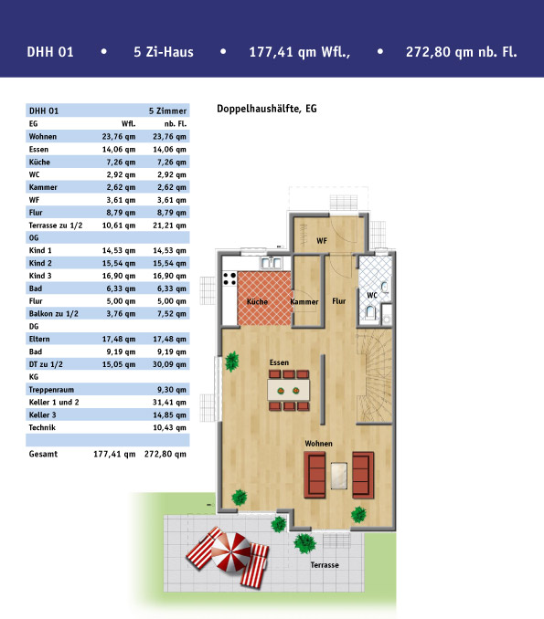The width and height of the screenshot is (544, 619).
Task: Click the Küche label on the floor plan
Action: coord(257,302)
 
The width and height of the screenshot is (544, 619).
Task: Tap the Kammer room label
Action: coord(304,302)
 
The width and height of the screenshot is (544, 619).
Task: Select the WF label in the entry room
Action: coord(322,241)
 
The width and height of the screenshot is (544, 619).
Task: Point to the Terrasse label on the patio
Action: coord(325,565)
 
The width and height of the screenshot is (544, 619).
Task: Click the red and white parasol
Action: coord(231,551)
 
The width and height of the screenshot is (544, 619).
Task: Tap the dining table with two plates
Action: coord(289,391)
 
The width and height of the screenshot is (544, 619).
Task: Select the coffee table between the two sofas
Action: coord(339,476)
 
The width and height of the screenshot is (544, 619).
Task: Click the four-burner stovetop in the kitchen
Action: coord(229,278)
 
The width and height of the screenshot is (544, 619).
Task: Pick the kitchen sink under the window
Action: coord(272,263)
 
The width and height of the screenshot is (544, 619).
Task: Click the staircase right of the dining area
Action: coord(374,376)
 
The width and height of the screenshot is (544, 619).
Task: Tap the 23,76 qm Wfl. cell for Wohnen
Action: coord(119,137)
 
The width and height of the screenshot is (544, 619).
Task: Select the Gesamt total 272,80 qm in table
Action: coord(165,455)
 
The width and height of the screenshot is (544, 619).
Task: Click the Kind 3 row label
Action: coord(40,276)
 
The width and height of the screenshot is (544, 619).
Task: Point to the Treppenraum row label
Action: coord(51,390)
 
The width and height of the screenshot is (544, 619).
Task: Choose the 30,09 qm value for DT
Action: coord(169,364)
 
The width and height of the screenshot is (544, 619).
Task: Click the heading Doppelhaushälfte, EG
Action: coord(267,109)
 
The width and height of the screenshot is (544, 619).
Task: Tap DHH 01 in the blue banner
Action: coord(50,52)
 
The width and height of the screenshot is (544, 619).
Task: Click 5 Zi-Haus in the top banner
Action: coord(164,52)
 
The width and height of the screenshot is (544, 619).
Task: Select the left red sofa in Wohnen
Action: coord(315,475)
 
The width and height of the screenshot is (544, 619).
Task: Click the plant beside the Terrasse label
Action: coord(304,543)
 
